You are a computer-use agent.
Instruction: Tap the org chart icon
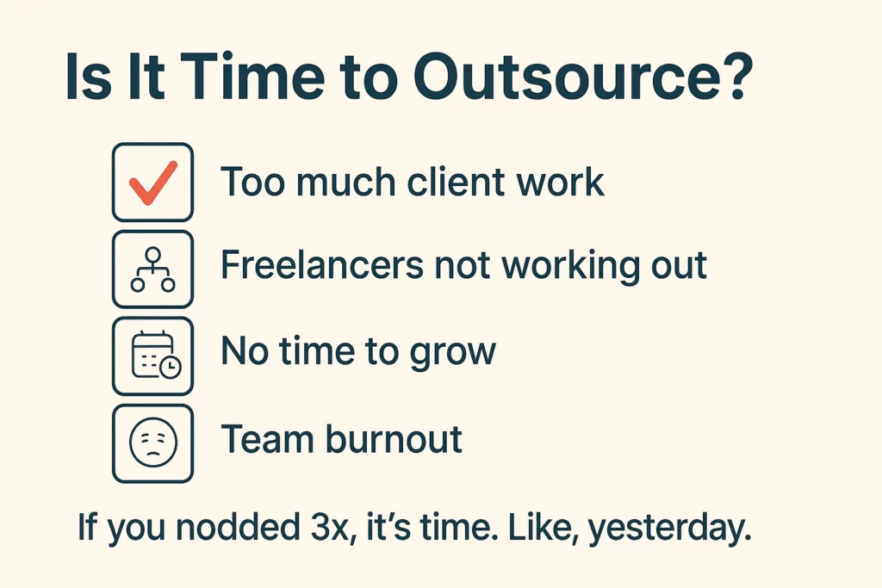153,269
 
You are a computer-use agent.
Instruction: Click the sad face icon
153,443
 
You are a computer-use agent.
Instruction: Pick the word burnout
394,438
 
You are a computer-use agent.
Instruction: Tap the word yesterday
669,529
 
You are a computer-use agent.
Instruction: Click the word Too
252,182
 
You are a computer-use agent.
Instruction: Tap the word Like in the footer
543,527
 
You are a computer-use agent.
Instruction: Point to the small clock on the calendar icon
171,367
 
